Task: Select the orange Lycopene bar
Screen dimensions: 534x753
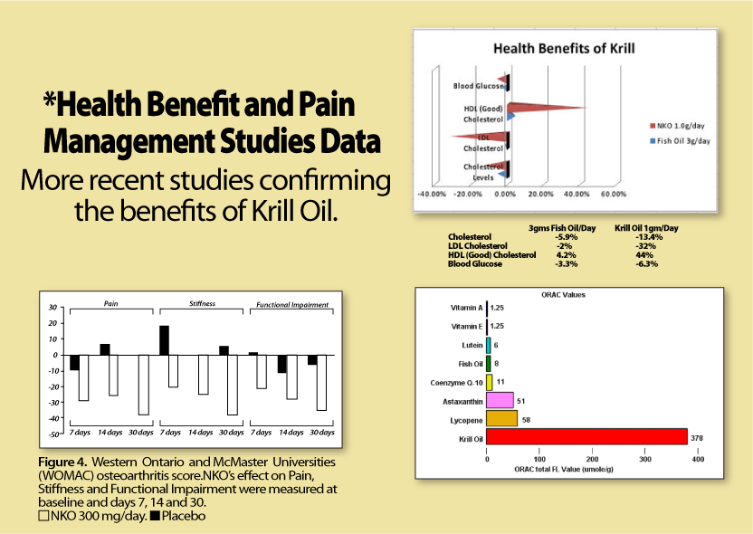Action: [502, 418]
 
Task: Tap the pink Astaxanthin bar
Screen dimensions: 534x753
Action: [500, 399]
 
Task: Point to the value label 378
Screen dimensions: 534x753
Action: [697, 438]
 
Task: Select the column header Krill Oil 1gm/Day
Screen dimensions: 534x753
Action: [646, 227]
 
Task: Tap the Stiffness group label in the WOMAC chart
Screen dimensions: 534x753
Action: [202, 304]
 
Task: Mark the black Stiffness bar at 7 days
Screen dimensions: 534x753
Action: [164, 340]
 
